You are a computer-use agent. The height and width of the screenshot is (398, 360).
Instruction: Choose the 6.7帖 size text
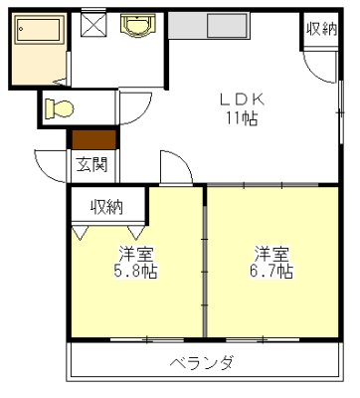(270, 270)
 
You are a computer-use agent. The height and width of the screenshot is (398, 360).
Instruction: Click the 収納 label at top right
(321, 29)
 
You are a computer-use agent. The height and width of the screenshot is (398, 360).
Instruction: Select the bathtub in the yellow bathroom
(37, 34)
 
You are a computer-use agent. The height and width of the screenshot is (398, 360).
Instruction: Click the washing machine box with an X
(93, 24)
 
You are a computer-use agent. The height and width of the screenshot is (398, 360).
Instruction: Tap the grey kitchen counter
(233, 26)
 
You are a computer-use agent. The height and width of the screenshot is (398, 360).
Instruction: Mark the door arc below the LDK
(175, 165)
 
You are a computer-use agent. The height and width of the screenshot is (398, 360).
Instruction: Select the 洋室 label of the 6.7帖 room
(270, 252)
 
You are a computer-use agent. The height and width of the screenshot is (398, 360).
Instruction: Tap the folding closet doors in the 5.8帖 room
(109, 232)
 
